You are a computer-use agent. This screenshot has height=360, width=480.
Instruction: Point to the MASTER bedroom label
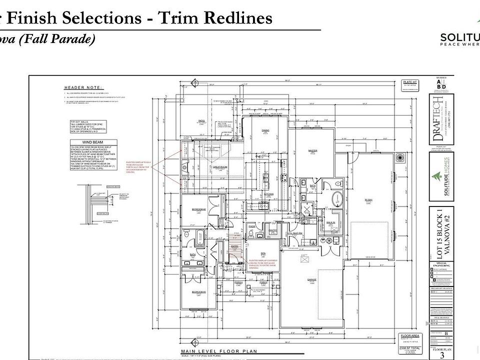click(x=313, y=150)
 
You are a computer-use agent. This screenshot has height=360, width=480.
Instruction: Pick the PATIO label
click(x=202, y=120)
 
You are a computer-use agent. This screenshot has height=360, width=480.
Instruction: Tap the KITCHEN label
click(x=268, y=194)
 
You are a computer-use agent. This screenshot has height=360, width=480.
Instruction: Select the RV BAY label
click(x=370, y=200)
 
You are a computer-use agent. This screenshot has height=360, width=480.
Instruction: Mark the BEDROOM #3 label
click(x=199, y=291)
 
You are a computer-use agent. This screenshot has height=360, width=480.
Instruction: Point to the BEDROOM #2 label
click(x=199, y=208)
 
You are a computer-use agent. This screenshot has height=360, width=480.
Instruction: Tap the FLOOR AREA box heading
click(x=407, y=336)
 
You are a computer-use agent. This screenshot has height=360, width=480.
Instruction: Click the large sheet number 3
click(x=442, y=355)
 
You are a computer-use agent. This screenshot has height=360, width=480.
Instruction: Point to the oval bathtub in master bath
click(x=338, y=198)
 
